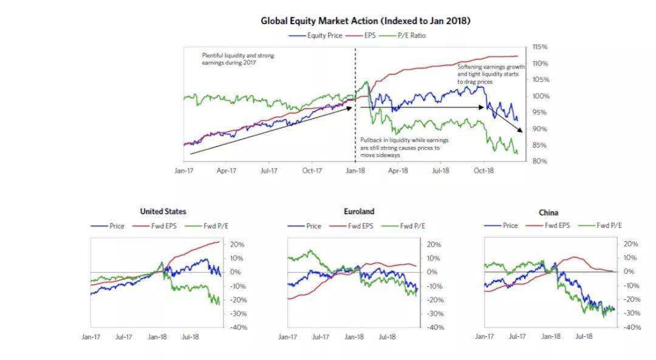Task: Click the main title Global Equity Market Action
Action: [x=366, y=21]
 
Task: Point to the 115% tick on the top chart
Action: [x=540, y=47]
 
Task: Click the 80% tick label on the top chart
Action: [x=540, y=161]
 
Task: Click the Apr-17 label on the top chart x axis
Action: [x=226, y=171]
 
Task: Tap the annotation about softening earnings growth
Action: [x=491, y=73]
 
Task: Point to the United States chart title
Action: [x=163, y=212]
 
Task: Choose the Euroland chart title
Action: [x=358, y=212]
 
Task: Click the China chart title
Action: [x=548, y=212]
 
